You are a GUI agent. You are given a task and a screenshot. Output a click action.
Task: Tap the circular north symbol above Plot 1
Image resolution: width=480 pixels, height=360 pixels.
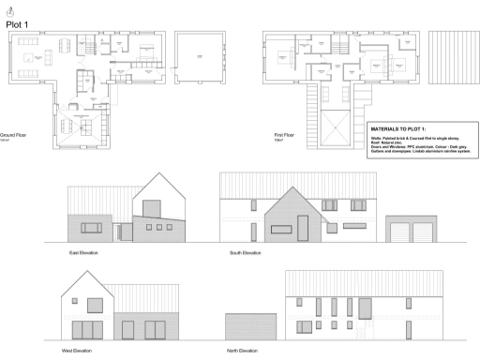10,8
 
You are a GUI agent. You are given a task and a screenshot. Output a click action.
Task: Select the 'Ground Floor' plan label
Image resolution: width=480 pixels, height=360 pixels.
14,135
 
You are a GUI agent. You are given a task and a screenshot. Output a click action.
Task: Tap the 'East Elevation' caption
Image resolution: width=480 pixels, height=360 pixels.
83,253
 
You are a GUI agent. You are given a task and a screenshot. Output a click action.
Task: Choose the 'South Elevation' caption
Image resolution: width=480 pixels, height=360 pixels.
245,253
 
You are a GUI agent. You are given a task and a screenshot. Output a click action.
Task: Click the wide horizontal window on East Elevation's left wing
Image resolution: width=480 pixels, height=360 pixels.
92,228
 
